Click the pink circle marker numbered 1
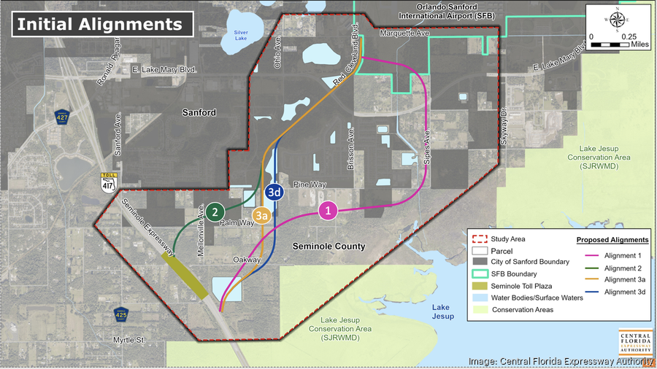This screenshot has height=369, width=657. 328,211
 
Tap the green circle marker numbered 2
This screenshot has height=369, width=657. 215,212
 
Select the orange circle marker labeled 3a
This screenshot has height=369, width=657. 263,215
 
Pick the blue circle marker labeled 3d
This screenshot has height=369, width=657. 274,192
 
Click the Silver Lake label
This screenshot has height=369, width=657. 241,35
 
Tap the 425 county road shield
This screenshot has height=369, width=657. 123,314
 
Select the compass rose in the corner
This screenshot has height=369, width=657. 618,20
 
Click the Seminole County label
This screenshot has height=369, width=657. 328,246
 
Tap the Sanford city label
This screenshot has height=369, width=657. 199,112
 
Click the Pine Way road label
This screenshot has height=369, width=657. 310,184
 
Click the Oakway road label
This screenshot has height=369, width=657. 246,260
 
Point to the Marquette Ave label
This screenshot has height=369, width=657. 401,34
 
